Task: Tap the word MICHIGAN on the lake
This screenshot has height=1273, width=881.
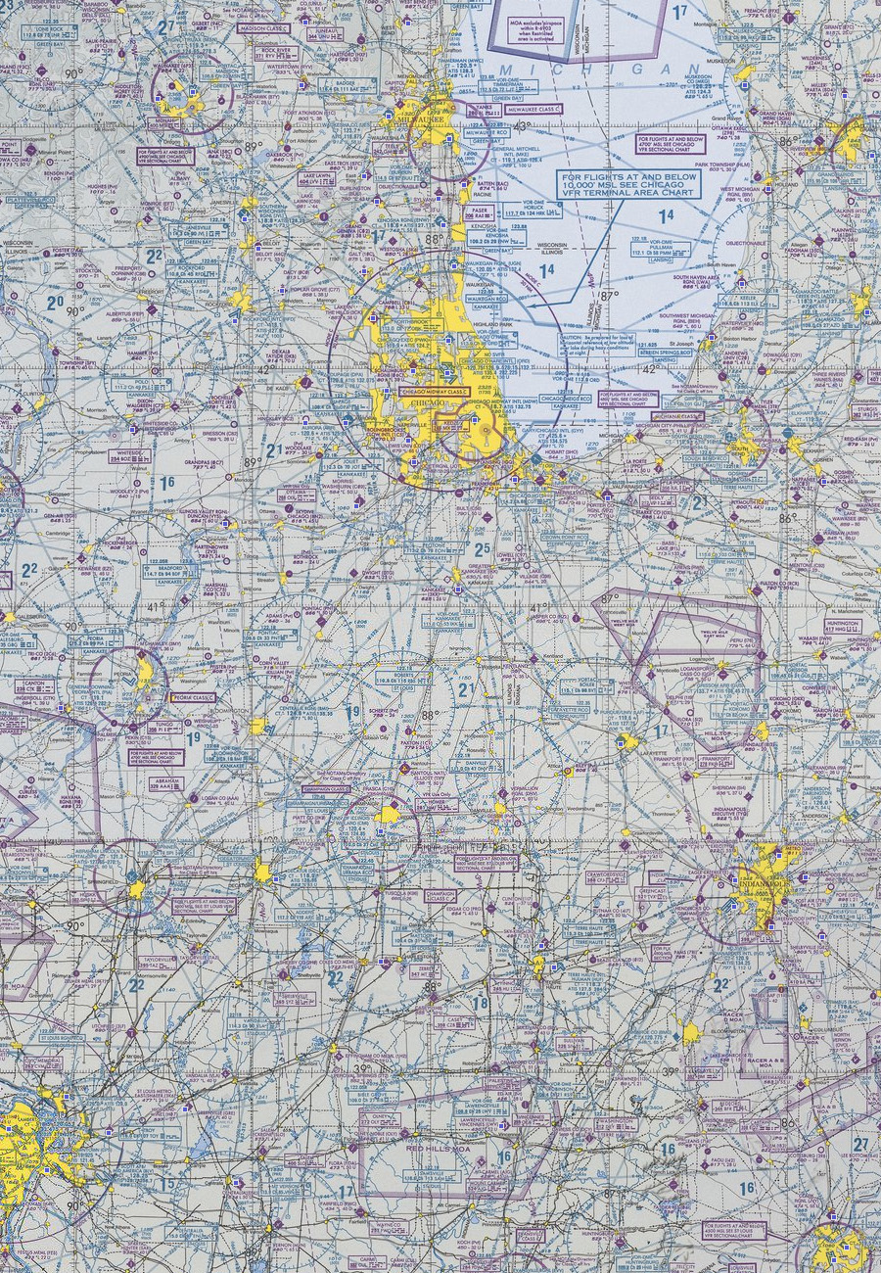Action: tap(587, 70)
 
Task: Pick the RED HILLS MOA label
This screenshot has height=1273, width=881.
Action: tap(431, 1147)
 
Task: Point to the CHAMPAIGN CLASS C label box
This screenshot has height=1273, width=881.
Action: tap(326, 788)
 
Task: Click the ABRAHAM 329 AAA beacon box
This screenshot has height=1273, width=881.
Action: tap(166, 782)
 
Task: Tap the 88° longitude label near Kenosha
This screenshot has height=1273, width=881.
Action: tap(438, 238)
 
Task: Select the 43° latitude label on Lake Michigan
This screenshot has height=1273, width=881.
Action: tap(521, 125)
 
